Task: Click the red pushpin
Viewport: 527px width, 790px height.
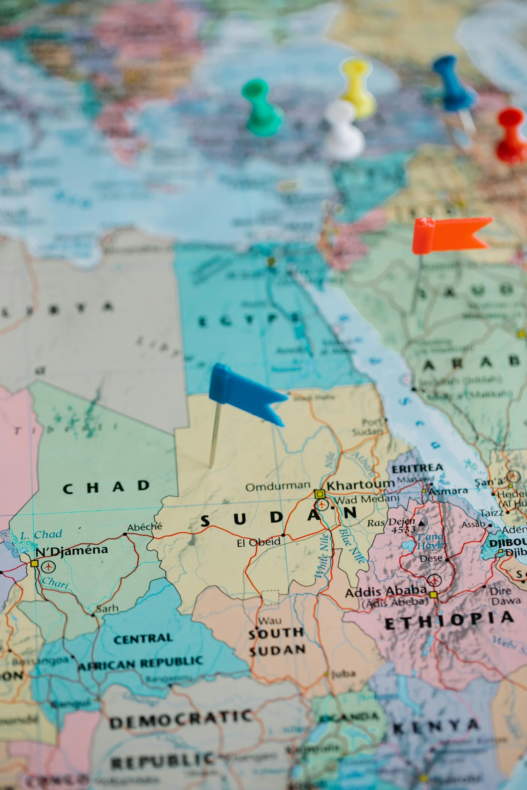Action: click(x=511, y=134)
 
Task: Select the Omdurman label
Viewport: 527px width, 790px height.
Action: click(x=278, y=486)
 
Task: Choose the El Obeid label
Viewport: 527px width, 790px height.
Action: click(x=258, y=542)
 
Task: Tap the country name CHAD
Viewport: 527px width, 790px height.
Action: click(x=106, y=487)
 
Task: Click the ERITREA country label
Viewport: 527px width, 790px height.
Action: click(x=417, y=468)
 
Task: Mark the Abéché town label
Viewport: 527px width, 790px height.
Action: click(x=144, y=527)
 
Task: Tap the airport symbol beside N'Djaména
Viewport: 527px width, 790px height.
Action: click(x=48, y=567)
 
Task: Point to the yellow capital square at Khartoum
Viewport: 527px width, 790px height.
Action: click(x=319, y=494)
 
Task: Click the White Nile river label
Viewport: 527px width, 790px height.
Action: click(x=322, y=556)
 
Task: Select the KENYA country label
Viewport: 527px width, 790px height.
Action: click(x=436, y=727)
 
